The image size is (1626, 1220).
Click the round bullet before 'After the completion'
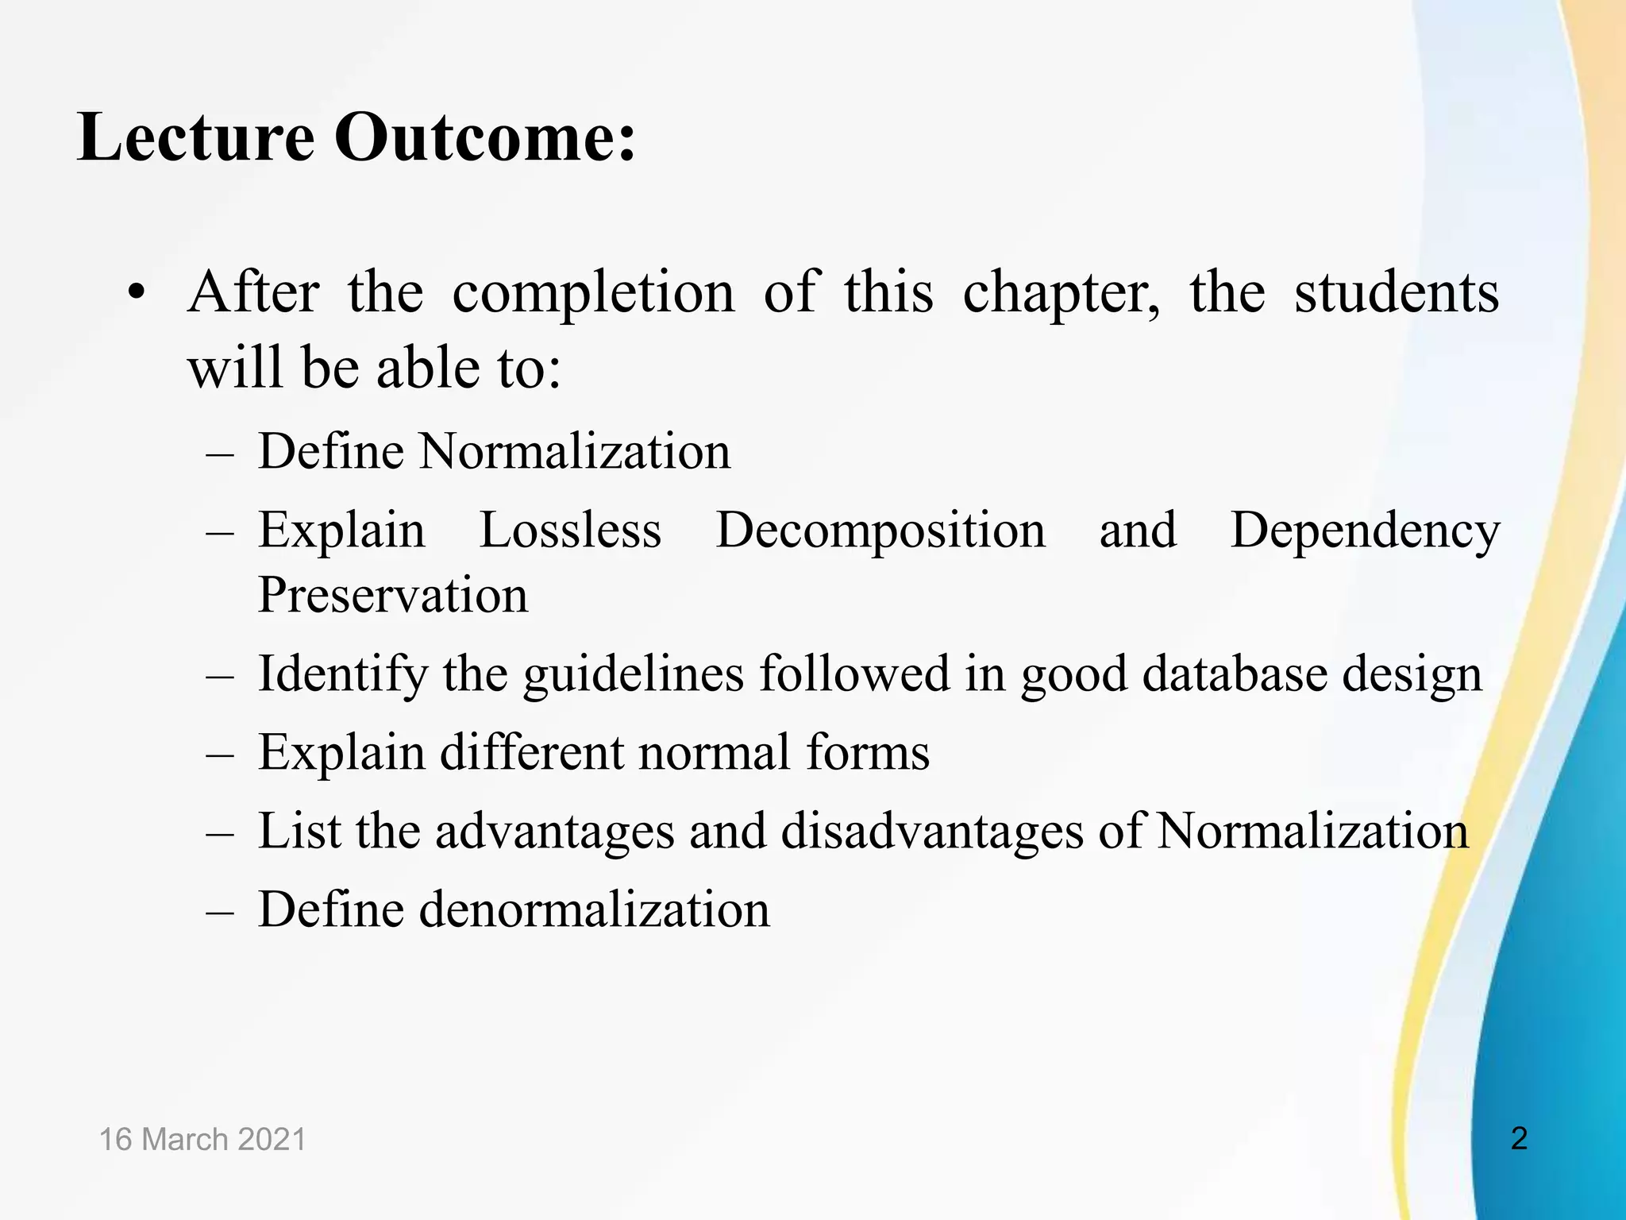(137, 293)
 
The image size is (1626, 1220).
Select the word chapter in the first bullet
(1061, 293)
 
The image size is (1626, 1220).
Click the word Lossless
(570, 530)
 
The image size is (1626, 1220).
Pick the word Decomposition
(880, 531)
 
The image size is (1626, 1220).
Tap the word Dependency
(1365, 531)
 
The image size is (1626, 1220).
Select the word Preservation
(393, 595)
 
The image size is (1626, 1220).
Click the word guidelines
(634, 674)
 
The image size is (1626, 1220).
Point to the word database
(1235, 674)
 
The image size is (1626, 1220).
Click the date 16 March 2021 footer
(202, 1140)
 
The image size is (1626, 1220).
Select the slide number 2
(1519, 1139)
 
